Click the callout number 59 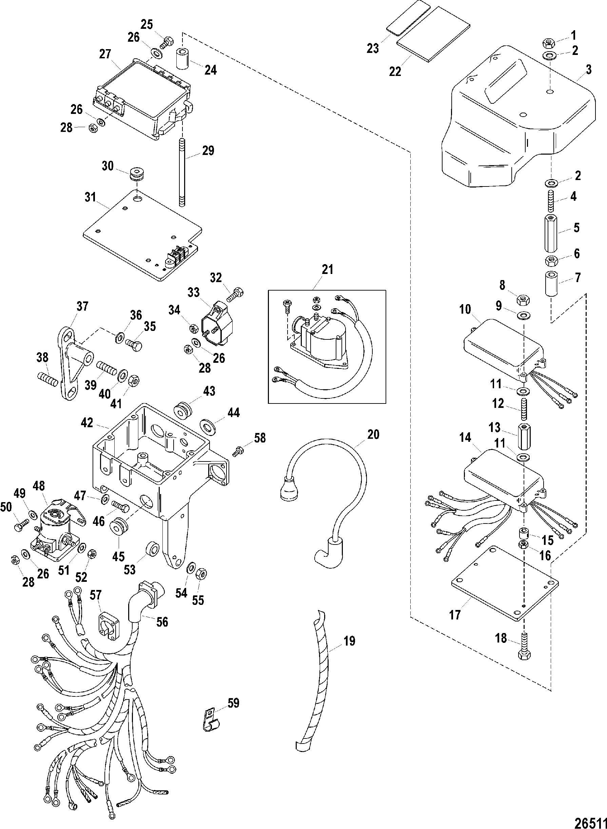coord(233,703)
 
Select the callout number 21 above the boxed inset coord(327,269)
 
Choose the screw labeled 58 coord(238,451)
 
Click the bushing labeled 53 coord(152,550)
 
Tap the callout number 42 coord(87,423)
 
